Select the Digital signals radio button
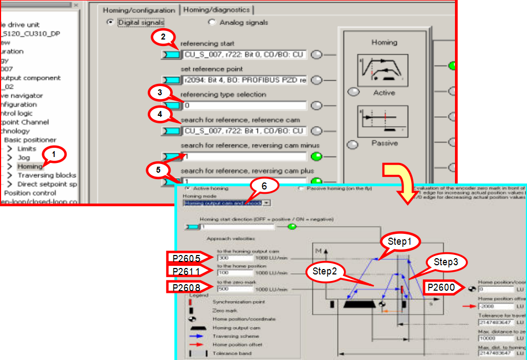(110, 22)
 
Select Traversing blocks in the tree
(47, 175)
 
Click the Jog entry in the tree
(24, 158)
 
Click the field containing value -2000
(493, 305)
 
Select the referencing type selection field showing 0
(244, 106)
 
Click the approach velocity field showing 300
(231, 258)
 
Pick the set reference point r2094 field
(244, 80)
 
